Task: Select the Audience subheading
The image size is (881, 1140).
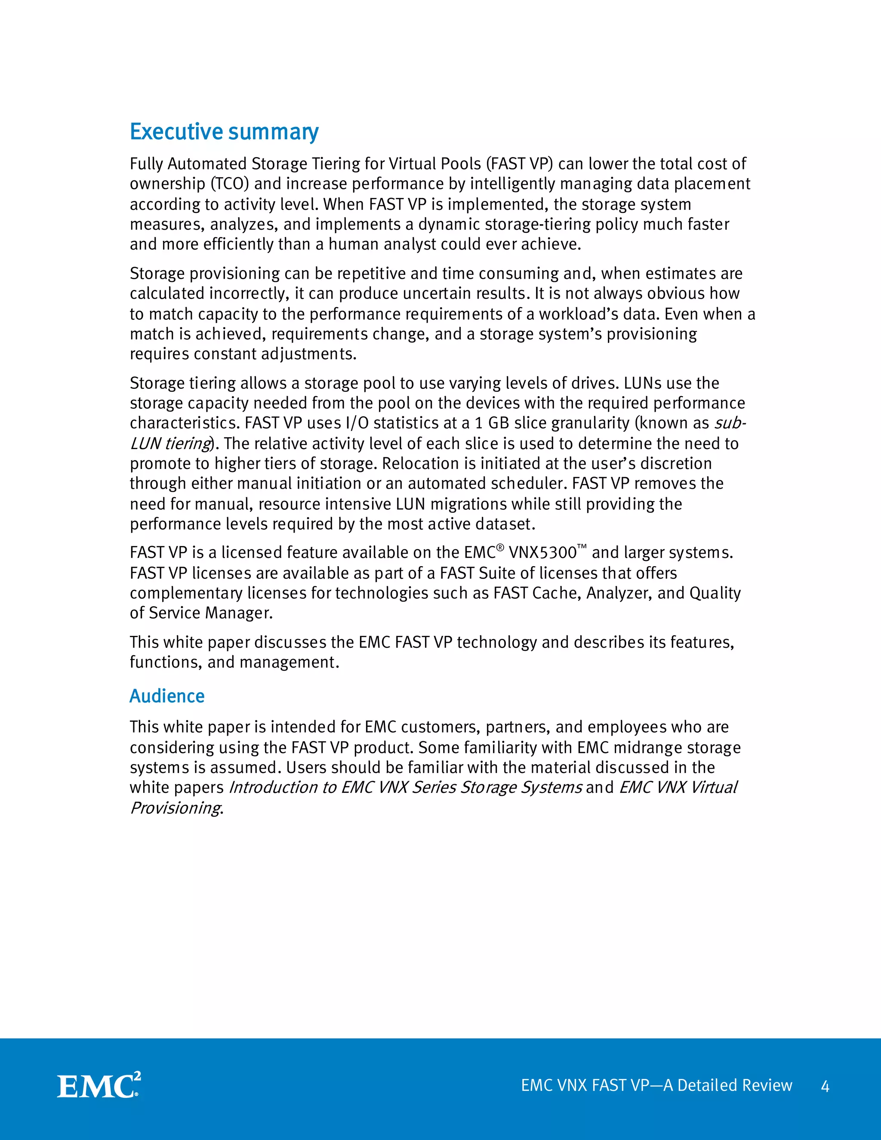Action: coord(167,696)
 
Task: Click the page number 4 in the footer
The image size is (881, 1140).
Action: coord(825,1087)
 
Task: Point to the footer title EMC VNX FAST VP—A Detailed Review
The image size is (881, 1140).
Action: coord(656,1086)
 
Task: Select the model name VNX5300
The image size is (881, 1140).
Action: coord(543,553)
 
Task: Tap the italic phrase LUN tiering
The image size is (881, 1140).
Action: coord(170,444)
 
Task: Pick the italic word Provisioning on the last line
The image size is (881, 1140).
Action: coord(176,808)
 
